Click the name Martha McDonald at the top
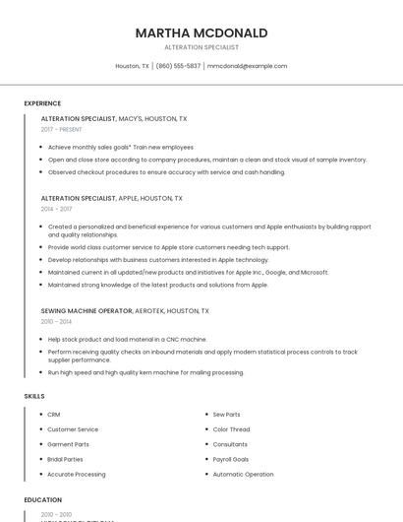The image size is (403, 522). click(x=201, y=33)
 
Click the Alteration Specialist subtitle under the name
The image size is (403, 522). click(x=201, y=47)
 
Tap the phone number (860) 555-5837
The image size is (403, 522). click(x=178, y=66)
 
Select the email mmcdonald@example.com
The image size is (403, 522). click(x=247, y=66)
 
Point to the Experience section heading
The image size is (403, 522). click(x=42, y=103)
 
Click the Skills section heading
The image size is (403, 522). click(x=34, y=396)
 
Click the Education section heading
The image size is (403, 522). click(x=42, y=499)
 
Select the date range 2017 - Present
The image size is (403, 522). click(x=61, y=129)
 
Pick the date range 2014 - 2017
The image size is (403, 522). click(x=56, y=209)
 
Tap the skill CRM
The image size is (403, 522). click(x=54, y=415)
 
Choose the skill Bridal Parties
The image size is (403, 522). click(x=65, y=459)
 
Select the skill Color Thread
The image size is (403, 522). click(x=231, y=429)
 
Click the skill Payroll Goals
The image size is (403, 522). click(x=231, y=459)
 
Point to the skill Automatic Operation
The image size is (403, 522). click(x=243, y=474)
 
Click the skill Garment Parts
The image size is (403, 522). click(x=68, y=444)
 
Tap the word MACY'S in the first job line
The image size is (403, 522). click(x=130, y=118)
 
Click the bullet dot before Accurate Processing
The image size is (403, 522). click(x=40, y=474)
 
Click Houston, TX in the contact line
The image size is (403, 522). click(x=132, y=66)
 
